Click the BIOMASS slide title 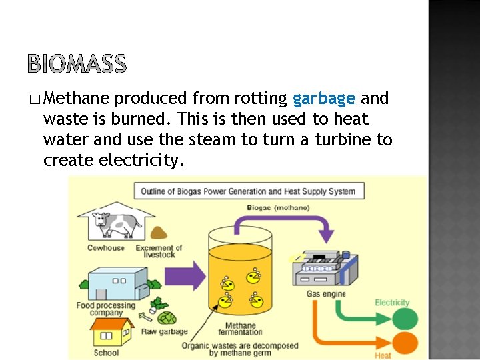coord(77,64)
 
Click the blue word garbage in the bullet coord(324,99)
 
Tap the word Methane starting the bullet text coord(78,99)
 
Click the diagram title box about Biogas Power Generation coord(247,191)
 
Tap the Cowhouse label coord(107,248)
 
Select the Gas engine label coord(326,294)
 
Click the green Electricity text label coord(392,303)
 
